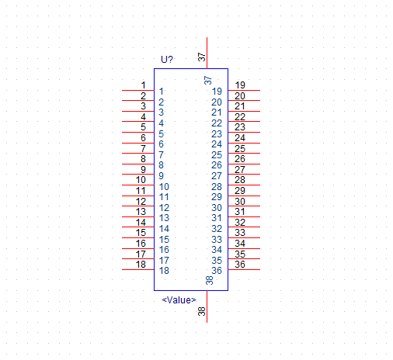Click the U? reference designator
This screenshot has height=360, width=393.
pos(167,60)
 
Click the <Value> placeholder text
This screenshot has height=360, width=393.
pos(179,300)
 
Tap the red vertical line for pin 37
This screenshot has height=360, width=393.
pos(207,53)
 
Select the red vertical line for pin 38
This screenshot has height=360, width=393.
pos(207,306)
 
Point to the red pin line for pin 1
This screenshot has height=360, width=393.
pos(138,90)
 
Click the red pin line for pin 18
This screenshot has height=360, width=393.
pos(138,270)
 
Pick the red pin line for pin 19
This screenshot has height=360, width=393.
pos(244,90)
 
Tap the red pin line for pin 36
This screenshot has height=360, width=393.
pos(244,270)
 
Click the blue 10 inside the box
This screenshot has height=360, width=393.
pos(164,187)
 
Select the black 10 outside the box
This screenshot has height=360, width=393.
pos(141,180)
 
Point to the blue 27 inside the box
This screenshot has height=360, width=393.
pos(217,176)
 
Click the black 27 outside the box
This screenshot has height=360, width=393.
pos(240,170)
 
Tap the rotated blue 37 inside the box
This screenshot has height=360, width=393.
pos(208,80)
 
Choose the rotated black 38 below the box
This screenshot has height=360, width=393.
pos(202,311)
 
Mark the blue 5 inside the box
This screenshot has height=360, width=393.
pos(161,134)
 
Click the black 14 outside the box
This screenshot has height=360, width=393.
pos(141,223)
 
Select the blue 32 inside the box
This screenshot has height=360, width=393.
pos(217,229)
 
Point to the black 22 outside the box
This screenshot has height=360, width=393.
pos(240,117)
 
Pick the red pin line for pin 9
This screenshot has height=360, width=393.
pos(138,174)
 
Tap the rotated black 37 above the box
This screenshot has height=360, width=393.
pos(202,57)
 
